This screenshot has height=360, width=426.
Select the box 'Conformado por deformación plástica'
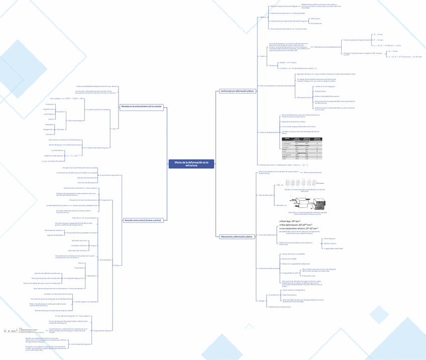click(238, 91)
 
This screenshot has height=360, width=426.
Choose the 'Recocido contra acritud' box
click(143, 220)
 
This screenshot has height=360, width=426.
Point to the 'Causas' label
click(263, 56)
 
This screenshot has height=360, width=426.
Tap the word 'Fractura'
click(293, 62)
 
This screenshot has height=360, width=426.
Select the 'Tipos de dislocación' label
click(266, 195)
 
